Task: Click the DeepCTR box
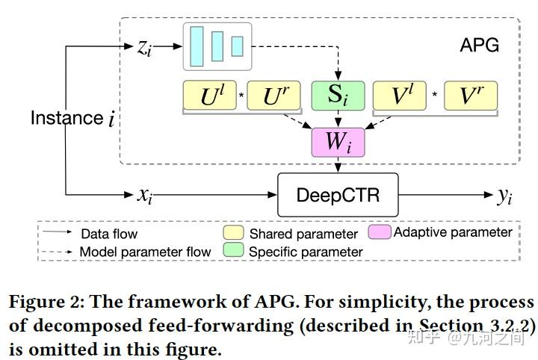338,196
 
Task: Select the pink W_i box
337,141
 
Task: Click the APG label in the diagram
479,46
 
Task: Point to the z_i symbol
145,46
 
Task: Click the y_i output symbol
505,196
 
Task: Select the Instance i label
72,118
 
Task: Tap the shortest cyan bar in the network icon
237,46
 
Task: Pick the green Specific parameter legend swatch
234,252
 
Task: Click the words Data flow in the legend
109,235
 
